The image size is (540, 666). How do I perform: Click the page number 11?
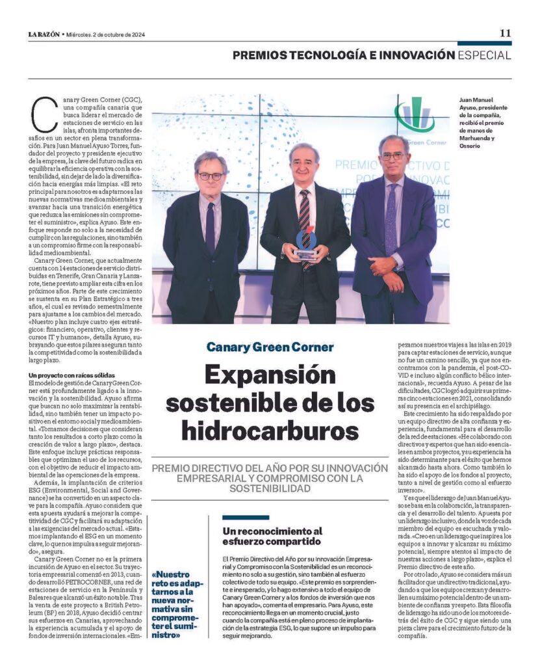pos(505,33)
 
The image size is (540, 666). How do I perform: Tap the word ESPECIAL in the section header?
pos(484,55)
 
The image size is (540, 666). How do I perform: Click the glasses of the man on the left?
pos(210,176)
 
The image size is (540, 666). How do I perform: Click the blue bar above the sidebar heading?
pos(245,518)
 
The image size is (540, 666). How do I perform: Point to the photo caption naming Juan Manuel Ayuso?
pos(483,124)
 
